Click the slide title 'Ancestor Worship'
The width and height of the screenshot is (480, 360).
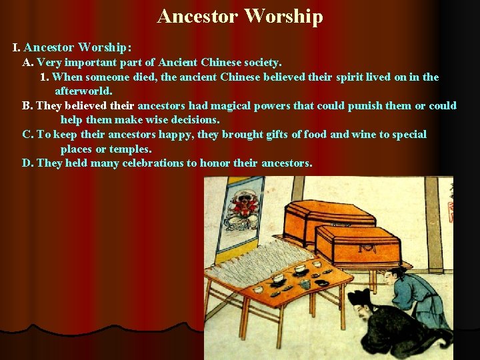[x=240, y=16]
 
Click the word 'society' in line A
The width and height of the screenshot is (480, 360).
[x=259, y=63]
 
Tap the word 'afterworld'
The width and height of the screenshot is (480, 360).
[x=83, y=91]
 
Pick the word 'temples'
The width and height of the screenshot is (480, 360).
[x=130, y=149]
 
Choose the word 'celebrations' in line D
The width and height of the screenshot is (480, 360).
[x=160, y=163]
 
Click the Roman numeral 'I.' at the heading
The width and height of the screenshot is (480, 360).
[x=17, y=48]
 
